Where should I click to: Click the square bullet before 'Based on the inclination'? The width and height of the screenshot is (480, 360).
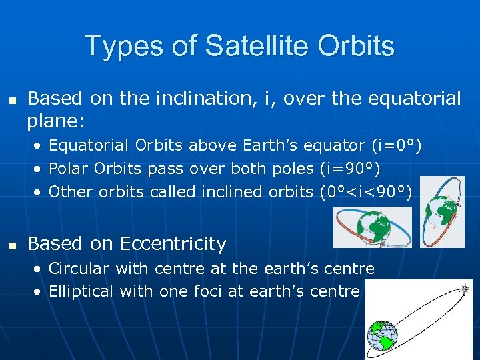pyautogui.click(x=11, y=99)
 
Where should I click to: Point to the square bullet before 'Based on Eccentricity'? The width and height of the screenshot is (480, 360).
pyautogui.click(x=11, y=245)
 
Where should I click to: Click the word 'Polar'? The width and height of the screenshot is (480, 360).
pyautogui.click(x=69, y=169)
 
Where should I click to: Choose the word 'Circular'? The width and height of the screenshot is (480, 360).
pyautogui.click(x=79, y=269)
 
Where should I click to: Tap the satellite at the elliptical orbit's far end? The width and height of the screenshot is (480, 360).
pyautogui.click(x=464, y=290)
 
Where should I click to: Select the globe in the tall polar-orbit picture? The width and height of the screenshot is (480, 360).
pyautogui.click(x=441, y=211)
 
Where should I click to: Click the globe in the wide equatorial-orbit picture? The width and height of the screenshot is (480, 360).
pyautogui.click(x=374, y=227)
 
